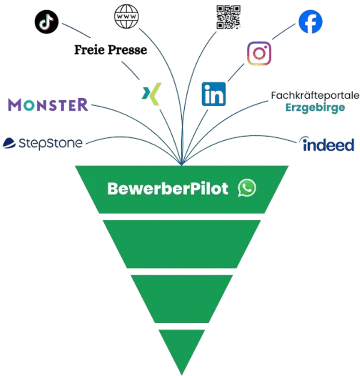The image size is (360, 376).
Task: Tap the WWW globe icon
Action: [127, 17]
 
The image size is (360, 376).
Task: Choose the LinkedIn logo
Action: [215, 93]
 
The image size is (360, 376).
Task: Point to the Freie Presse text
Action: [111, 50]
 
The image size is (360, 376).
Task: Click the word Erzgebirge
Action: [315, 107]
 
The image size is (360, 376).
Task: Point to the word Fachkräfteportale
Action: [315, 95]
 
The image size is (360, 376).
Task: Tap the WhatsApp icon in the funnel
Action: [247, 188]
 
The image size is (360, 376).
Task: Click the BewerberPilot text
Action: [168, 189]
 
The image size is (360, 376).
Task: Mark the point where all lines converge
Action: [182, 163]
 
